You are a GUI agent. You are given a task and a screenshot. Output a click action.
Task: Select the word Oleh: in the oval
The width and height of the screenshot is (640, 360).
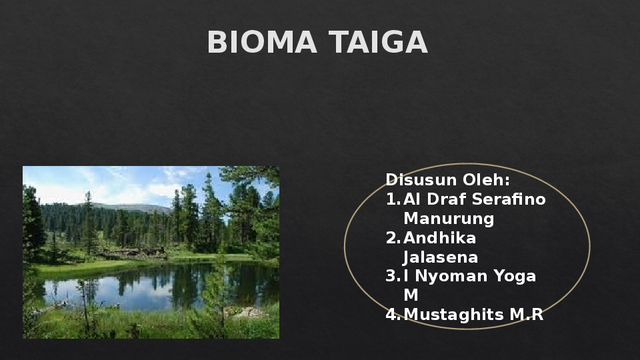point(487,180)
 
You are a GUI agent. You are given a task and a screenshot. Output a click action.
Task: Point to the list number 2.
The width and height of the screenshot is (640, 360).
point(393,238)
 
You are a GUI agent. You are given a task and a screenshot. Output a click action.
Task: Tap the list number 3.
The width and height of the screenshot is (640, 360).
point(393,276)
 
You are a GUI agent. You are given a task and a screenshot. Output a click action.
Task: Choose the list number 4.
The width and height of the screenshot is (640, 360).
point(393,315)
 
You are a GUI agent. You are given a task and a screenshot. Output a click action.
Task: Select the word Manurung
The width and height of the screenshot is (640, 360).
point(449,219)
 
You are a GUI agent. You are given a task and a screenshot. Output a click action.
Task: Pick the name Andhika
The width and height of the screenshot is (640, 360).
point(440,238)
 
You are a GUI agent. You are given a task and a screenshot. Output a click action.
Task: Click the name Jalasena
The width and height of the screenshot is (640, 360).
point(441,257)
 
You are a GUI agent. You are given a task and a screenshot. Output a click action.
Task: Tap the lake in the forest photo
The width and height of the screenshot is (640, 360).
point(153,287)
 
